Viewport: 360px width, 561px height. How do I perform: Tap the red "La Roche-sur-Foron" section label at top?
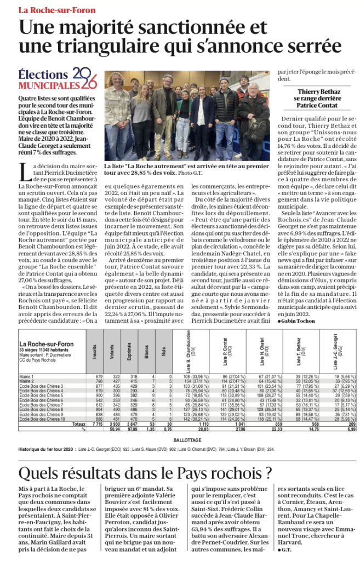[57, 10]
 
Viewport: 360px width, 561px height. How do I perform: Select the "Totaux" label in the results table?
[78, 425]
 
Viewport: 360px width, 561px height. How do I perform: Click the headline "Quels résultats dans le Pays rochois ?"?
[145, 473]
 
